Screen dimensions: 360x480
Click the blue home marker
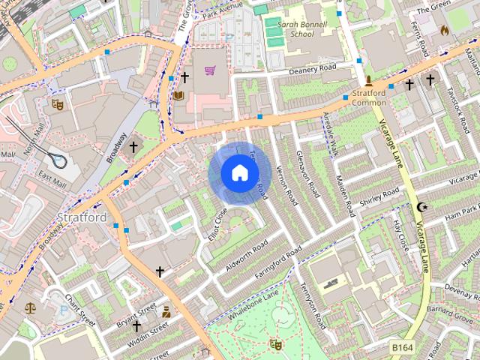[x=239, y=173]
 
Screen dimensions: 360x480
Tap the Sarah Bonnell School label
[x=291, y=28]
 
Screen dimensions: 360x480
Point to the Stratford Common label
[x=369, y=97]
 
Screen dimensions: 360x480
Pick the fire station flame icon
[x=443, y=31]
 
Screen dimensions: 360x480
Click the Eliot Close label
[x=217, y=223]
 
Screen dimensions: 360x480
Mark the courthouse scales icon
[x=30, y=307]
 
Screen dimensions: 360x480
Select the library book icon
[x=178, y=95]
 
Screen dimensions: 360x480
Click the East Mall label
[x=52, y=178]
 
